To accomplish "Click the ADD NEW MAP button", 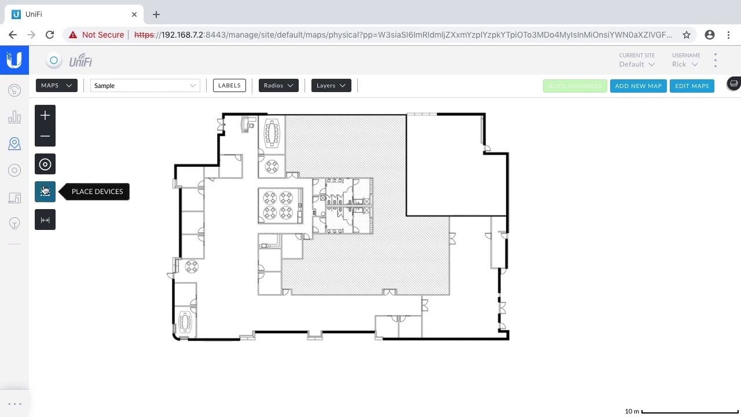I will pos(638,86).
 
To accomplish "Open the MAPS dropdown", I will pos(56,86).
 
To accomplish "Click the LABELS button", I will pos(229,86).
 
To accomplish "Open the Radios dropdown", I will pos(278,86).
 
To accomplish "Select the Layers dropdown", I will pos(331,86).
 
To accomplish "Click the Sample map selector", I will pos(145,86).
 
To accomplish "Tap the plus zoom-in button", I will pos(45,116).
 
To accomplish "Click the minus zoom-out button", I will pos(45,137).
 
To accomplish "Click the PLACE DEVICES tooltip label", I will pos(97,192).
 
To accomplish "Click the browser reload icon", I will pos(50,35).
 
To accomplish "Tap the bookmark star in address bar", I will pos(687,35).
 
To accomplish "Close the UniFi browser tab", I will pos(134,14).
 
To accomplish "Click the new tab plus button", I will pos(156,14).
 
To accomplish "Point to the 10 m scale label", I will pos(632,411).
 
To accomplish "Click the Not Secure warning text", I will pos(102,35).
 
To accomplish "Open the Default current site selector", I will pos(636,64).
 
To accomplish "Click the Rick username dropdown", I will pos(685,64).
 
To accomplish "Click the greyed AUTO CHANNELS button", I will pos(575,86).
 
